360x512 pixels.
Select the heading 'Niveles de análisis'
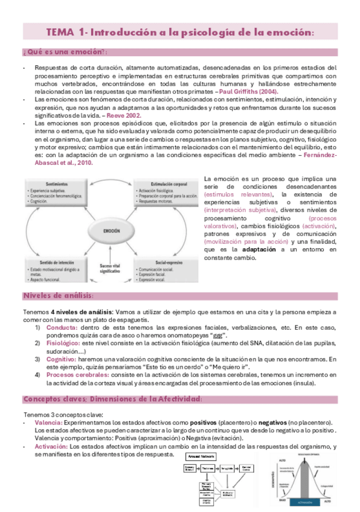point(58,295)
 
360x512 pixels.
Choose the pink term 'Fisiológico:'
point(63,342)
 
